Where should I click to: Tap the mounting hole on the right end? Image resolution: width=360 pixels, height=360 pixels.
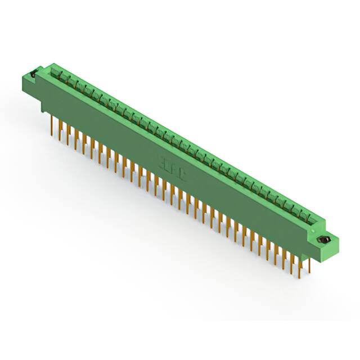tap(323, 240)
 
